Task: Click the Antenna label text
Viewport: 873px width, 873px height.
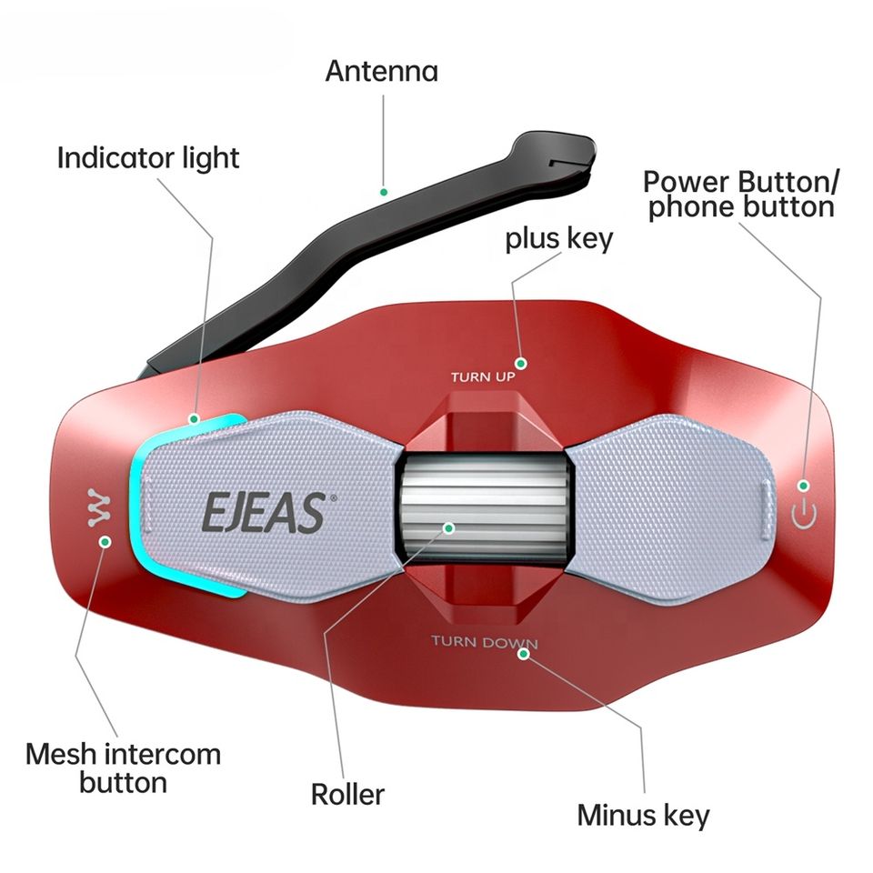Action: pyautogui.click(x=382, y=71)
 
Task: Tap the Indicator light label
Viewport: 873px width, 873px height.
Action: pyautogui.click(x=148, y=157)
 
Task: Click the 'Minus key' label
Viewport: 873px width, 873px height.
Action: pyautogui.click(x=643, y=815)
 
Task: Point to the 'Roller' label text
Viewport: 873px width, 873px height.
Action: pyautogui.click(x=347, y=794)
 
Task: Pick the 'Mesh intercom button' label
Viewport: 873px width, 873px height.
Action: pyautogui.click(x=124, y=768)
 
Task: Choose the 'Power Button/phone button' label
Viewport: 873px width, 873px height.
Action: pyautogui.click(x=740, y=193)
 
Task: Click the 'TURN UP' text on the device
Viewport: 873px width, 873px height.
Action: pyautogui.click(x=483, y=376)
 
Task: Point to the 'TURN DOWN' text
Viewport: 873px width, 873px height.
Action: pyautogui.click(x=484, y=643)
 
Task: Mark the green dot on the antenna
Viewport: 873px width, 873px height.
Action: pyautogui.click(x=385, y=192)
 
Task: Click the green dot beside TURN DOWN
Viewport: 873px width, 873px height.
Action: pyautogui.click(x=523, y=655)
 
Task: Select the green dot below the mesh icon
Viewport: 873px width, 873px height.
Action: pyautogui.click(x=105, y=542)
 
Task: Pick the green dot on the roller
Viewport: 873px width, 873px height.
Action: pyautogui.click(x=447, y=527)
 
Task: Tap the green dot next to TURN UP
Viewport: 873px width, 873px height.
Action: pyautogui.click(x=522, y=360)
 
